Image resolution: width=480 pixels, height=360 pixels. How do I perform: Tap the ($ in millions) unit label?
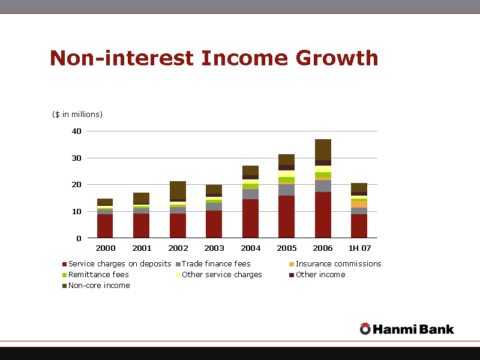[77, 114]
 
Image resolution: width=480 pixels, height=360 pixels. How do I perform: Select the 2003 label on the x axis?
[214, 248]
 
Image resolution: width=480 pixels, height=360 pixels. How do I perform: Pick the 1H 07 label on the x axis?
[359, 248]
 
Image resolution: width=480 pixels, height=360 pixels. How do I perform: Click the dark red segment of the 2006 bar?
[323, 215]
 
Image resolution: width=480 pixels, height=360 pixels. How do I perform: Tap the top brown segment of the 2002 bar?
[178, 190]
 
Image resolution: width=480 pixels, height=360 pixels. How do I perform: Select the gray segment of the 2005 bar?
[286, 190]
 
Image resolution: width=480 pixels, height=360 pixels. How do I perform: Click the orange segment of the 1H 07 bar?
[359, 204]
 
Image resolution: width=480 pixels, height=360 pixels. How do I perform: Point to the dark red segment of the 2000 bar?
[105, 226]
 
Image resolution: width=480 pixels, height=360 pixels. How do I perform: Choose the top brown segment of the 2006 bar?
[323, 149]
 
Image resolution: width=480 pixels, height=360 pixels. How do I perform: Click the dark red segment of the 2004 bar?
[250, 218]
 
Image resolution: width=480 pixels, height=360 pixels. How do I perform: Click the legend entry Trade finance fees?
[216, 264]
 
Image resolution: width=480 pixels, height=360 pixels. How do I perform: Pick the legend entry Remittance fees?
[98, 275]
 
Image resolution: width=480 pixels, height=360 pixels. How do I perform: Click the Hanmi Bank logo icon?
[365, 329]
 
